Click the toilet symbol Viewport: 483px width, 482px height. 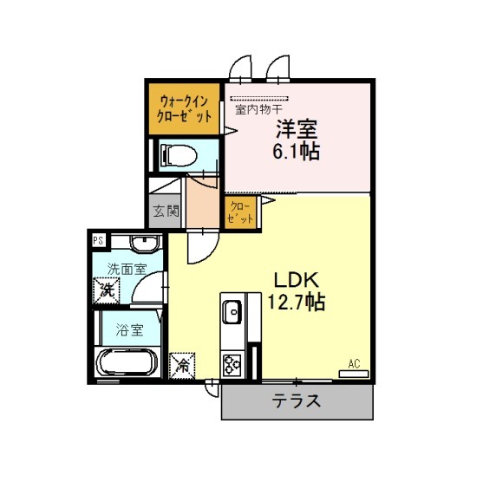pyautogui.click(x=179, y=155)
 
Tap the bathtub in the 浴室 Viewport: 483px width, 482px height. pyautogui.click(x=127, y=362)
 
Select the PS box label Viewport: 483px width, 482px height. pyautogui.click(x=99, y=240)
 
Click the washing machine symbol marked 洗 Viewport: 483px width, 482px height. pyautogui.click(x=107, y=290)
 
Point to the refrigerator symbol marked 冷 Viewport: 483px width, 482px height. pyautogui.click(x=182, y=366)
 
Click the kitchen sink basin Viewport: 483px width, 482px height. pyautogui.click(x=232, y=312)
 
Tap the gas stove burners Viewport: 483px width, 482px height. pyautogui.click(x=232, y=365)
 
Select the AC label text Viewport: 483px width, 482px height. pyautogui.click(x=354, y=364)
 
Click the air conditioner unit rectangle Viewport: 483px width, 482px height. pyautogui.click(x=354, y=374)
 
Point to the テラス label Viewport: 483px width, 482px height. pyautogui.click(x=297, y=401)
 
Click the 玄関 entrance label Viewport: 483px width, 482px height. pyautogui.click(x=166, y=212)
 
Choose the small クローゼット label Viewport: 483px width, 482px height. pyautogui.click(x=240, y=212)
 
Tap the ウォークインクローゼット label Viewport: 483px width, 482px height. pyautogui.click(x=184, y=109)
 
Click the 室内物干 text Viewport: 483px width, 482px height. pyautogui.click(x=258, y=109)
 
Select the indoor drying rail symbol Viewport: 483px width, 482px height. pyautogui.click(x=259, y=99)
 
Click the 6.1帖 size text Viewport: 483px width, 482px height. pyautogui.click(x=296, y=151)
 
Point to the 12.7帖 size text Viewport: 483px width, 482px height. pyautogui.click(x=296, y=303)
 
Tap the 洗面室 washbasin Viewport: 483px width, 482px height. pyautogui.click(x=146, y=244)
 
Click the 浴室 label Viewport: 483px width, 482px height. pyautogui.click(x=130, y=329)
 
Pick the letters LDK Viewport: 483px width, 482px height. pyautogui.click(x=296, y=280)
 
